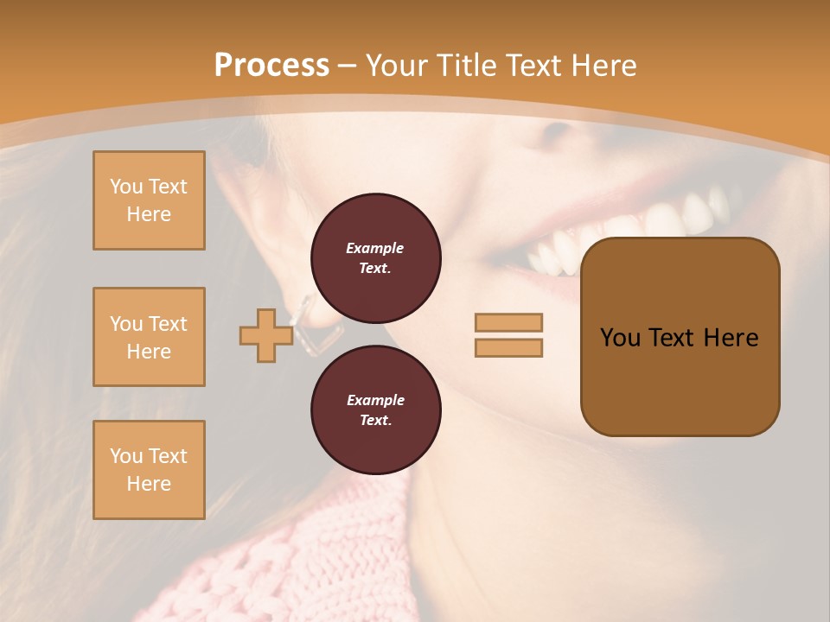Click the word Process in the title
(271, 66)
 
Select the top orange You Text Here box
(149, 200)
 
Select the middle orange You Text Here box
(149, 337)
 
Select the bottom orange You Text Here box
(149, 470)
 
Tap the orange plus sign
(265, 336)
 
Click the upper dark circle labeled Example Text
(375, 257)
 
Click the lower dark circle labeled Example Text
(375, 409)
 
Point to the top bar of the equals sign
(508, 322)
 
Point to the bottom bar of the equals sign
(508, 347)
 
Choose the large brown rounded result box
(680, 337)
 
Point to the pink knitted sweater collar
(346, 553)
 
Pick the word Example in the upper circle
(375, 248)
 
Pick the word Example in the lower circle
(375, 400)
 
